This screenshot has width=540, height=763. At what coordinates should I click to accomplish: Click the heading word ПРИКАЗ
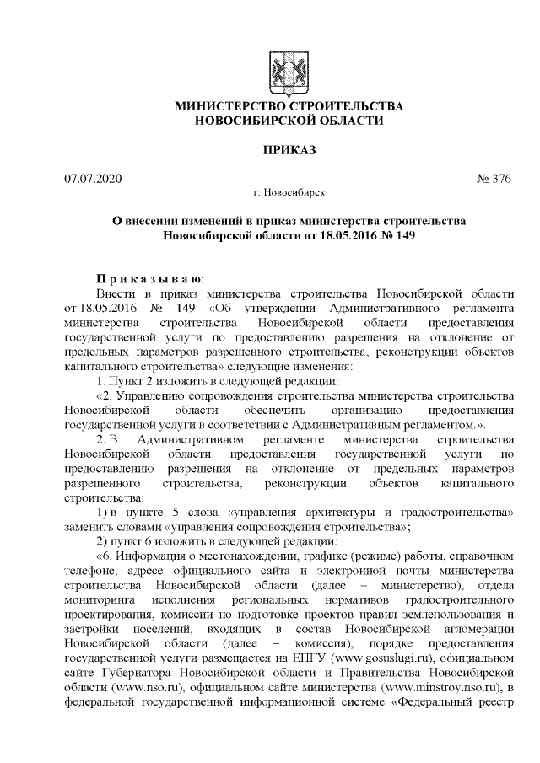click(289, 150)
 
